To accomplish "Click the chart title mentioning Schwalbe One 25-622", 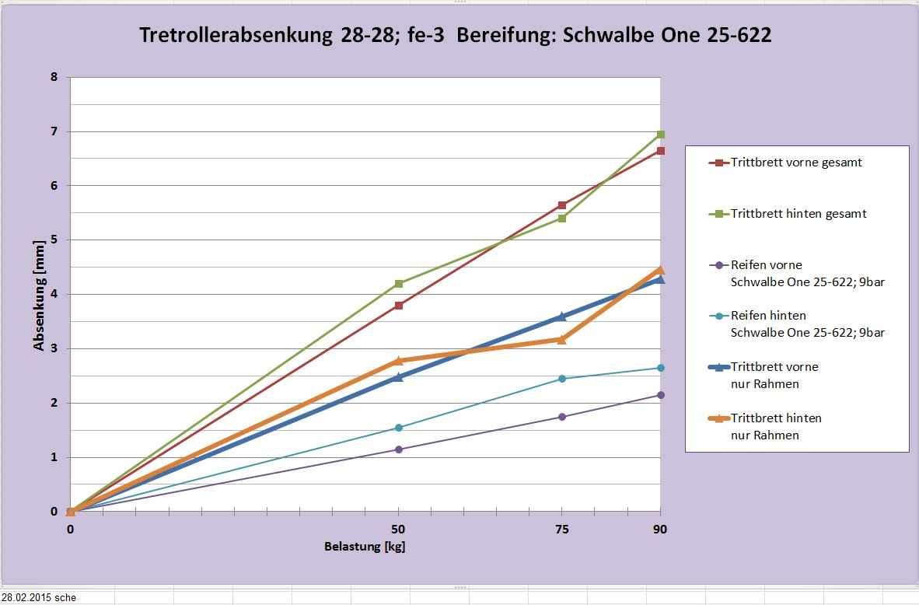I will (455, 35).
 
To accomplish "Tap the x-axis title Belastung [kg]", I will (365, 546).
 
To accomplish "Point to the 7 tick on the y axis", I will (54, 131).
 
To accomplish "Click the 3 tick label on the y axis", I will (54, 348).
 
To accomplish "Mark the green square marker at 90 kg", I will (661, 135).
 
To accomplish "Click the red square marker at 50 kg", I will (399, 306).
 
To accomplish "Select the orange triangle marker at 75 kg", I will (562, 339).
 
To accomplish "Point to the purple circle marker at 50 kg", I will (399, 449).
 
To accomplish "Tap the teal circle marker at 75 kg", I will (562, 379).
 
